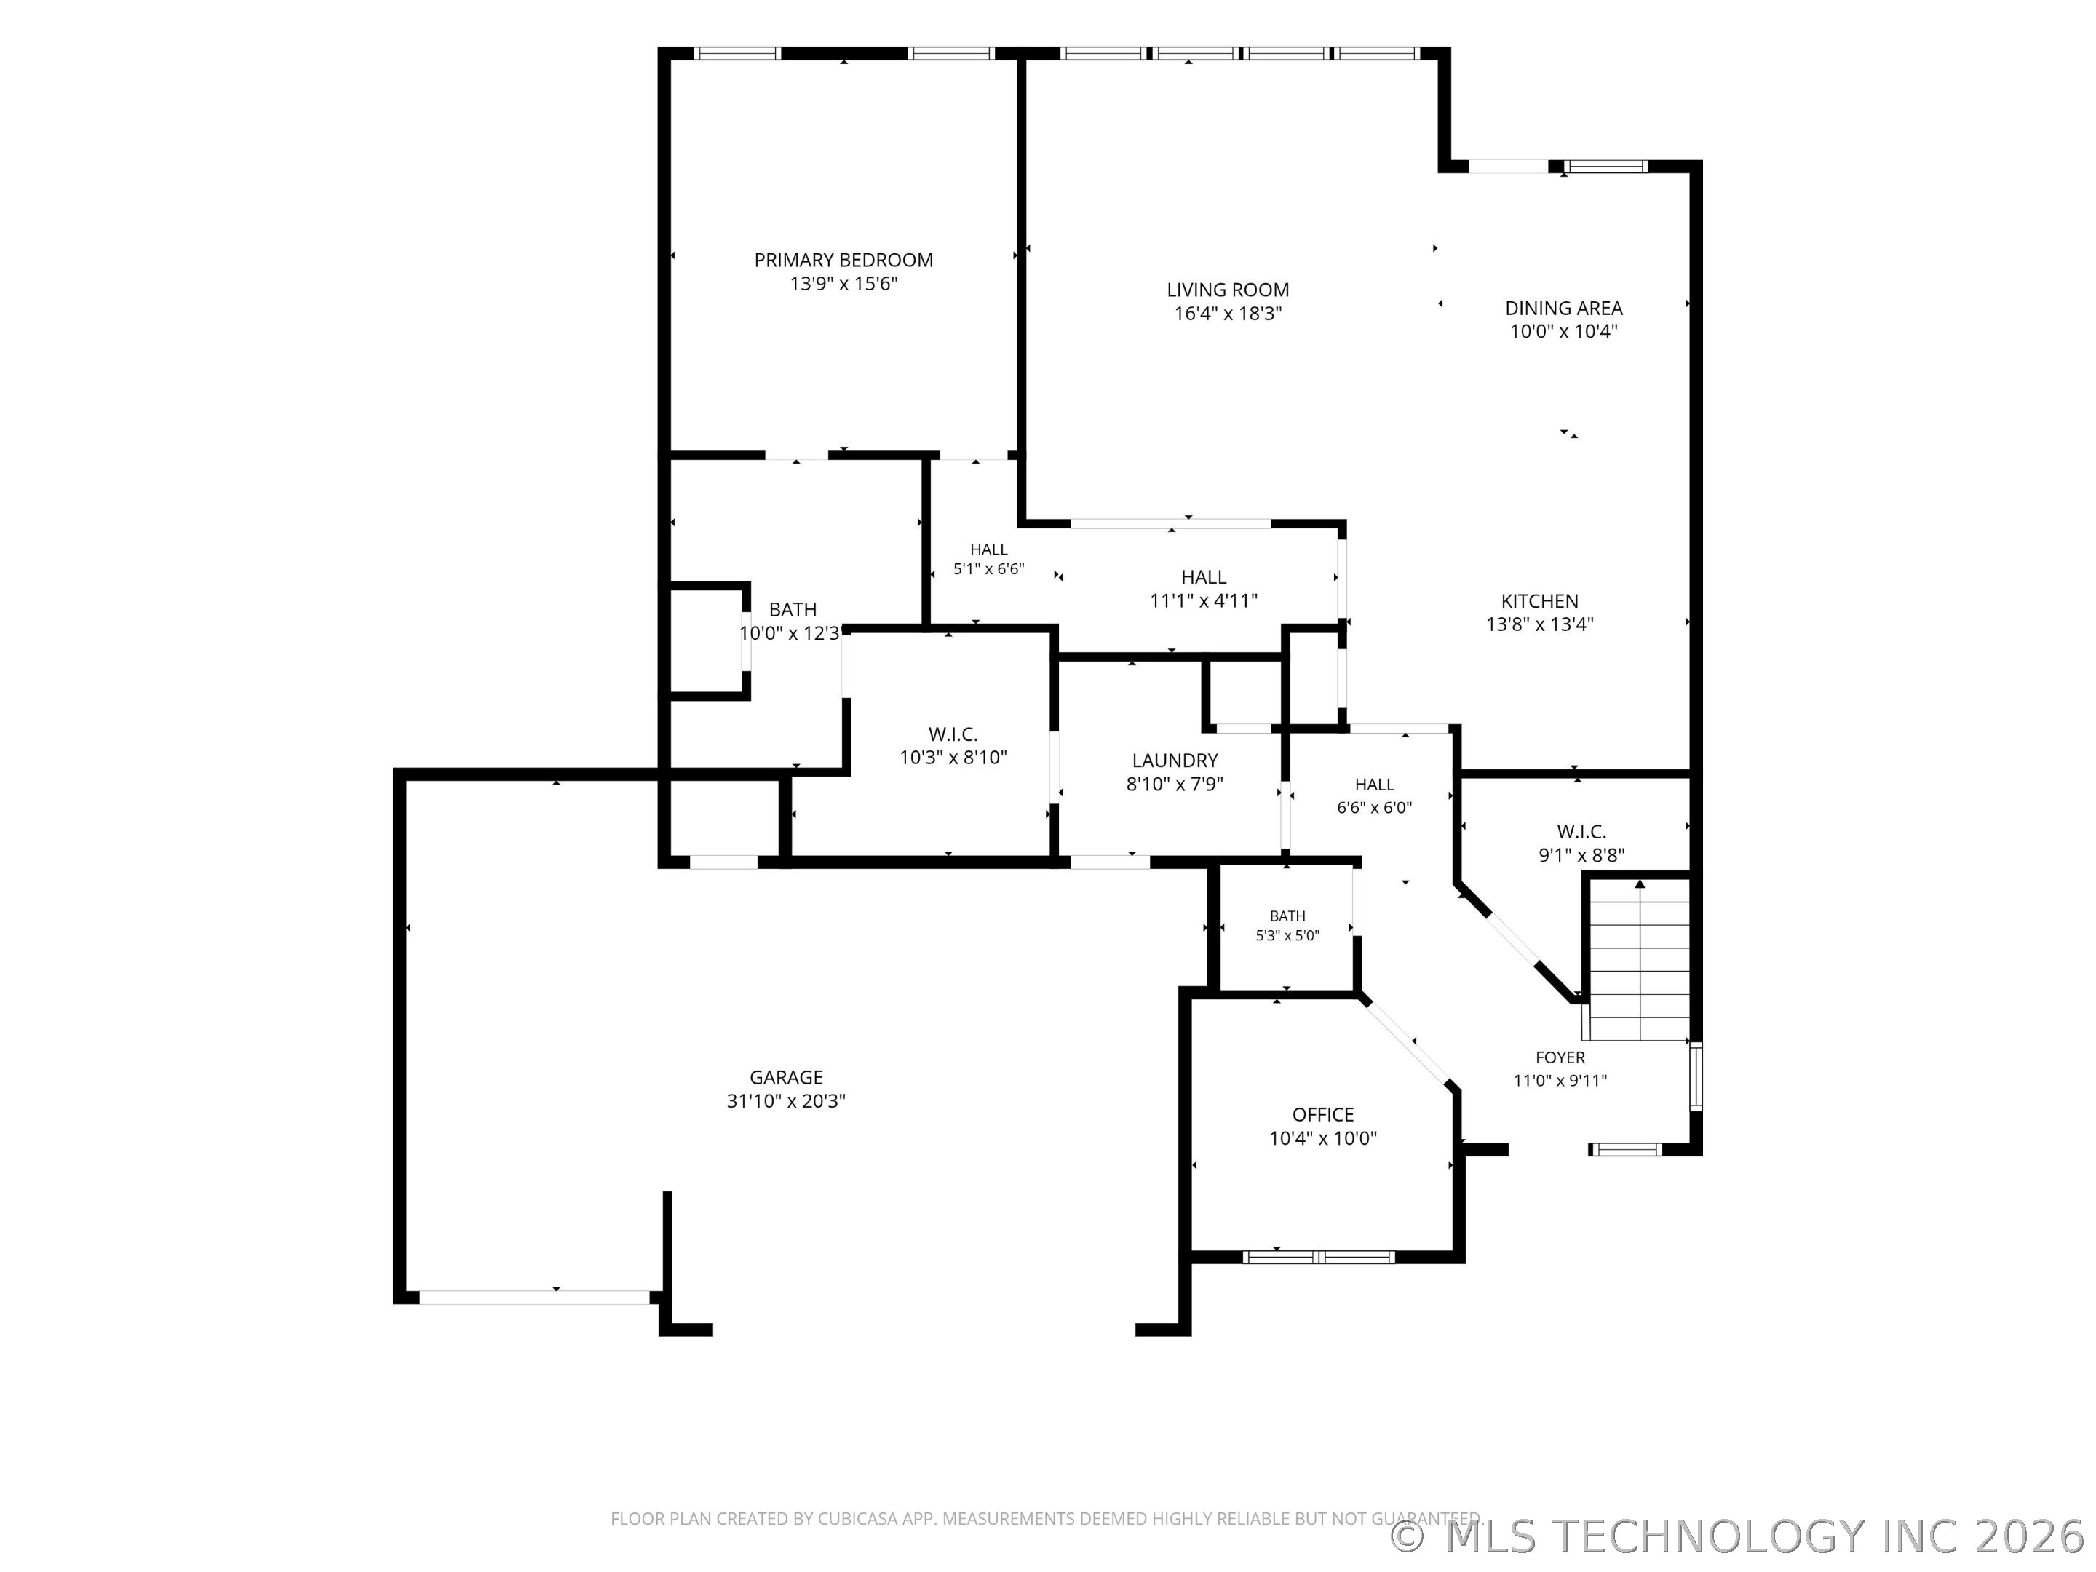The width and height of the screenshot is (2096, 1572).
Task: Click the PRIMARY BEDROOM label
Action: pyautogui.click(x=843, y=260)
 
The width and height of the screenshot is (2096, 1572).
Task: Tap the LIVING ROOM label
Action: pyautogui.click(x=1227, y=290)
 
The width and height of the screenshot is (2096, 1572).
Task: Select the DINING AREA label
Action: pyautogui.click(x=1563, y=308)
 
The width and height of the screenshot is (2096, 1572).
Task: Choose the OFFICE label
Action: pyautogui.click(x=1323, y=1115)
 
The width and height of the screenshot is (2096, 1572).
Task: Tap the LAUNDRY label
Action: pyautogui.click(x=1174, y=760)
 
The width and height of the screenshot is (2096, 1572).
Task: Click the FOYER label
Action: pyautogui.click(x=1560, y=1057)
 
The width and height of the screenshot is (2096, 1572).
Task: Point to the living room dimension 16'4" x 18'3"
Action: pyautogui.click(x=1227, y=314)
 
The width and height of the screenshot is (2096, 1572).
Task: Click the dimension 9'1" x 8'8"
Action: pyautogui.click(x=1581, y=854)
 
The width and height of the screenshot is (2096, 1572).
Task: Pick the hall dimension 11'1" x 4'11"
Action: pyautogui.click(x=1204, y=600)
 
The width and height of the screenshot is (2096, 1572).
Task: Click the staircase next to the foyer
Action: pyautogui.click(x=1639, y=960)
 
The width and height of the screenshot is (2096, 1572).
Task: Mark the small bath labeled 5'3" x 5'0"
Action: pyautogui.click(x=1287, y=926)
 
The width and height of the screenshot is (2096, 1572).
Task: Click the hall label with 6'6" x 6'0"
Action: pyautogui.click(x=1374, y=796)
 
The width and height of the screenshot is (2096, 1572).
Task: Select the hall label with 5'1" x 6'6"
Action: pyautogui.click(x=988, y=559)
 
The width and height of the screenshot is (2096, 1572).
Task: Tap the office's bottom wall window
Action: pyautogui.click(x=1318, y=1258)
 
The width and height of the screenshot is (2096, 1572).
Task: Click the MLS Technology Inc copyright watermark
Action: pyautogui.click(x=1742, y=1536)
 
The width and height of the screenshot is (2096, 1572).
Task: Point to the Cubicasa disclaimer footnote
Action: pyautogui.click(x=1045, y=1519)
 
